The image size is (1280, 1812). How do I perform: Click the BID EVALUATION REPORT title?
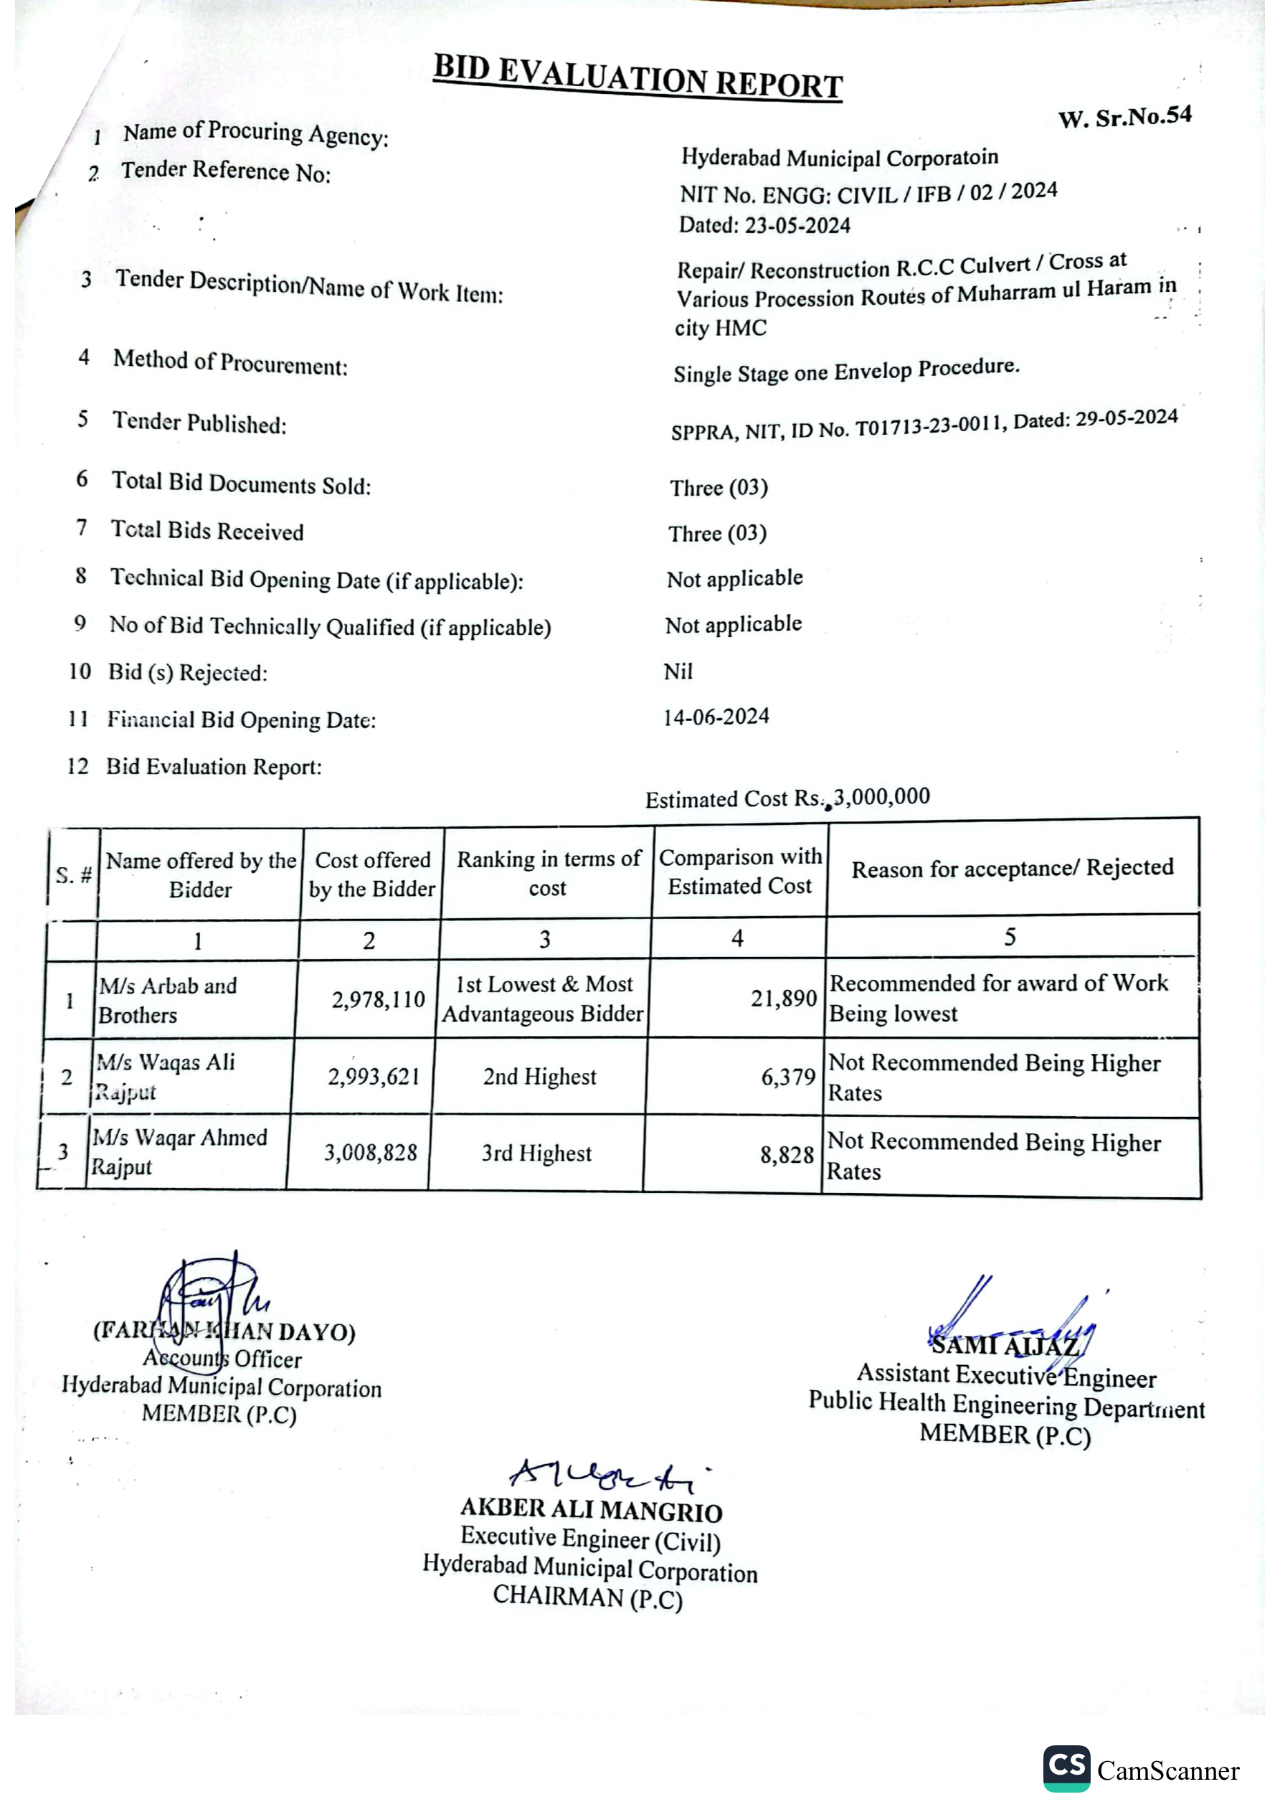coord(637,77)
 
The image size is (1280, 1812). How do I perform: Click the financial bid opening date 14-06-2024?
coord(716,717)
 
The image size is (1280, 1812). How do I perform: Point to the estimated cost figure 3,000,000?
coord(882,796)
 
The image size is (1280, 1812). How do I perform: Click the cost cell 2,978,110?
coord(378,1000)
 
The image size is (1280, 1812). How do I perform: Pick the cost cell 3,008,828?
coord(370,1153)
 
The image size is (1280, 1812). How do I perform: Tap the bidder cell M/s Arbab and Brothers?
coord(167,1000)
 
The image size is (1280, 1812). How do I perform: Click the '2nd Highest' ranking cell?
coord(540,1077)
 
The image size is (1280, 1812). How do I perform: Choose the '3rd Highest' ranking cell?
coord(536,1153)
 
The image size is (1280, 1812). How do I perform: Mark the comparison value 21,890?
coord(783,999)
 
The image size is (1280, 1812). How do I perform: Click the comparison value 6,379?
coord(787,1077)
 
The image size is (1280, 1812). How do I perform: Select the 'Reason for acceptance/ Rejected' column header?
coord(1013,868)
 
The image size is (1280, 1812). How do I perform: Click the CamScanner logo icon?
coord(1066,1768)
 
